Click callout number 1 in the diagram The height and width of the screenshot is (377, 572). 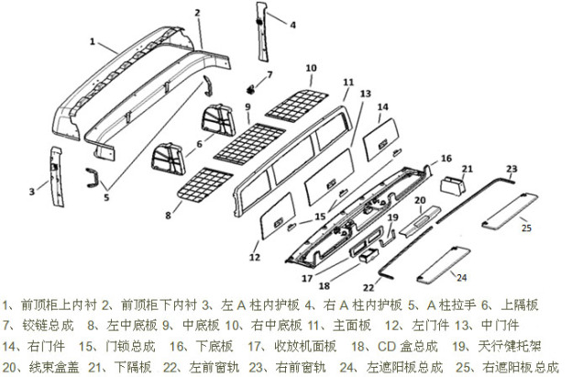pos(93,41)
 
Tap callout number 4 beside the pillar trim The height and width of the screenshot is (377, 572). pos(293,26)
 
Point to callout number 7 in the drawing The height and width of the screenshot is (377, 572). pos(269,74)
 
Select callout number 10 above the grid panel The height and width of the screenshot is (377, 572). pos(311,68)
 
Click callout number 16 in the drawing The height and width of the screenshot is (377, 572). pos(446,159)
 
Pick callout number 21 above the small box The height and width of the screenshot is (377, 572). pos(467,169)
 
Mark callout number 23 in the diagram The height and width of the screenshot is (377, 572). pos(511,169)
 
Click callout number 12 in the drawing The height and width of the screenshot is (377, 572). pos(254,245)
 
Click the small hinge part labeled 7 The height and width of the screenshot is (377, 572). pos(250,91)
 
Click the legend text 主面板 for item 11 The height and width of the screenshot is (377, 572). pos(350,324)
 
